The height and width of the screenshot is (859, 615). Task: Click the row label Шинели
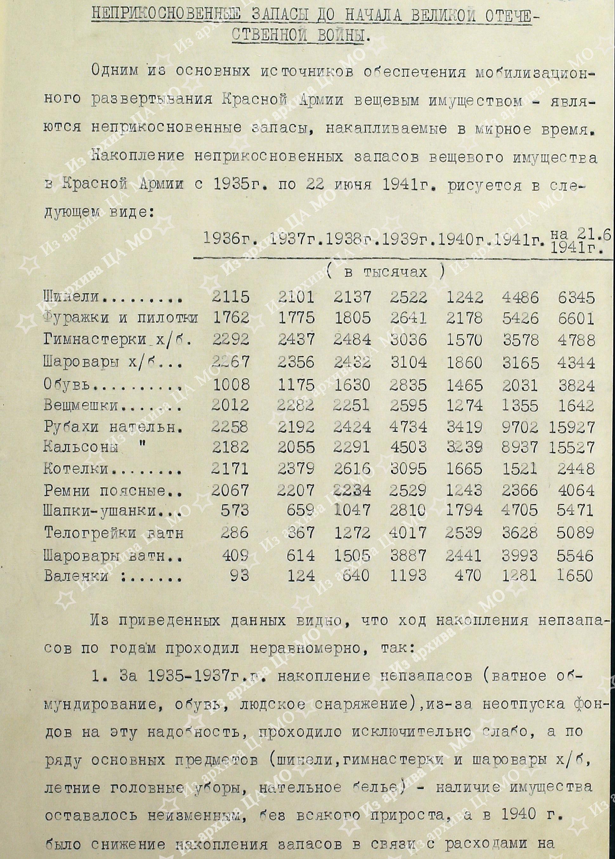[71, 297]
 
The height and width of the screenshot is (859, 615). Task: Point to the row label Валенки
[76, 576]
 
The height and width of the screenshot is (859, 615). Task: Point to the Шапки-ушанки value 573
[235, 511]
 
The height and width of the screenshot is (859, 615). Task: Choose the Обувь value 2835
[409, 385]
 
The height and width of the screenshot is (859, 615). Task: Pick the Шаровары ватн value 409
[235, 555]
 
